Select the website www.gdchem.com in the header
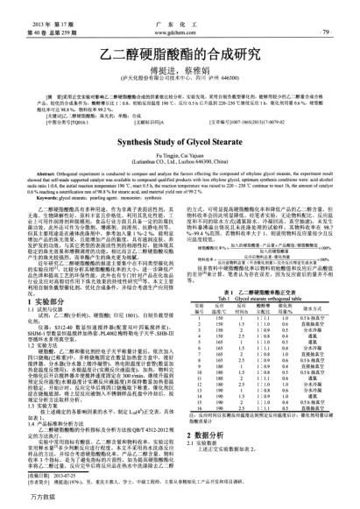click(x=180, y=18)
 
